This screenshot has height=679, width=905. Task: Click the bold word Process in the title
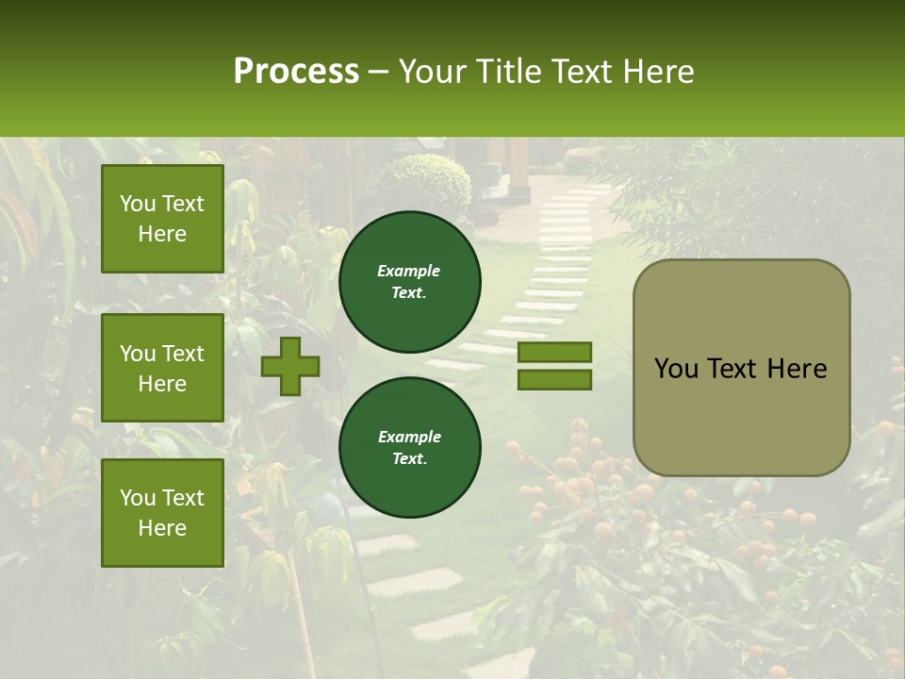296,71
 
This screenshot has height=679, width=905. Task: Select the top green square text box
162,219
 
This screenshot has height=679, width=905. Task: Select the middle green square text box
162,368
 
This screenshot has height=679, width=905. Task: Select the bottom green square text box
162,512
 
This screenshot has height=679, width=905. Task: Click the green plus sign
290,366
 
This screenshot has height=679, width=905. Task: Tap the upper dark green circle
409,282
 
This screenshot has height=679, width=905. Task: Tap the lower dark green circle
409,448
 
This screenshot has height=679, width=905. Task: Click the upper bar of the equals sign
554,353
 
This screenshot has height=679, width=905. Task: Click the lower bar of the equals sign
554,380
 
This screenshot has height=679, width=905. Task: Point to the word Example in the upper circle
408,271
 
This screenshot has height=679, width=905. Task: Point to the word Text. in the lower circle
409,459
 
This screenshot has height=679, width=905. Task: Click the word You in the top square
138,204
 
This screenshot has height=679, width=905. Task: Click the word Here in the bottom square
162,528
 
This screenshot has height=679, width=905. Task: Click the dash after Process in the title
378,73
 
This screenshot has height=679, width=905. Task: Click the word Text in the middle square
183,354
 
